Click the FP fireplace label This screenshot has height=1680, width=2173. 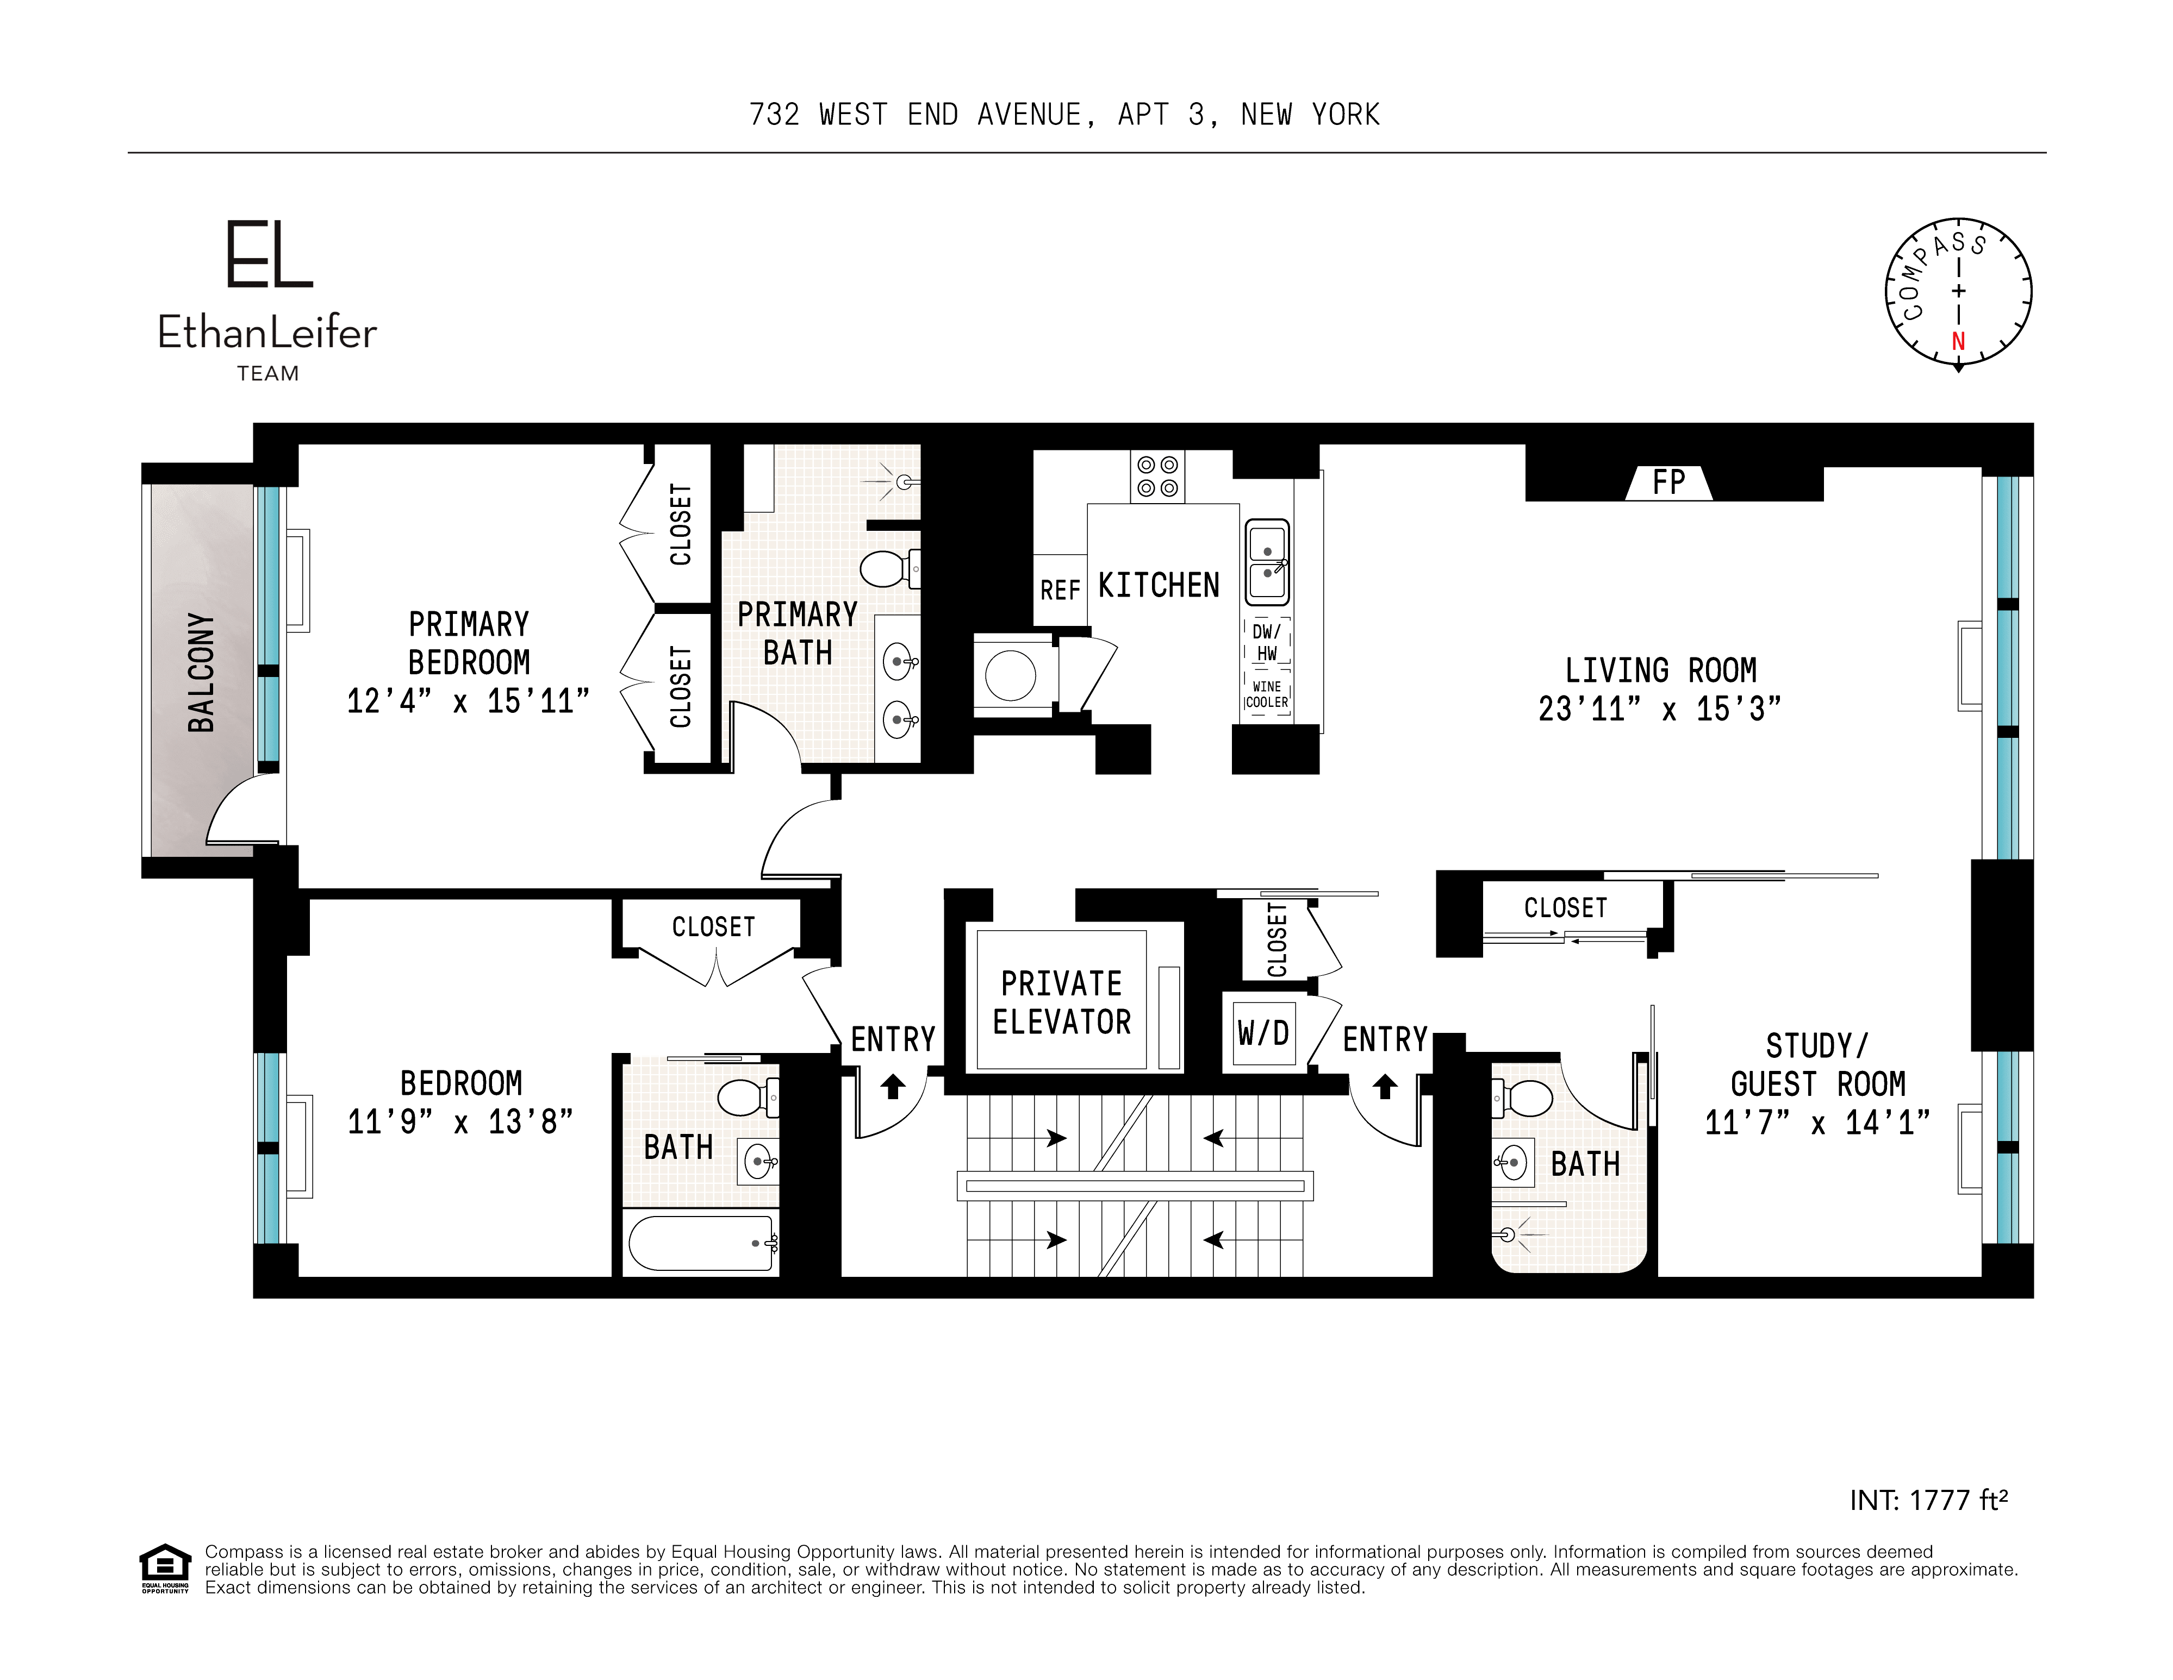1668,484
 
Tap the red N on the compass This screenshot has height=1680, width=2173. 1958,341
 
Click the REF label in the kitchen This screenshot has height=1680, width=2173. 1060,591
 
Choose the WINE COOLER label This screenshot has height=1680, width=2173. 1267,694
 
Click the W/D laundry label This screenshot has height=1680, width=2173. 1263,1033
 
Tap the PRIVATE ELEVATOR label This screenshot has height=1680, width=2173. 1062,1002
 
